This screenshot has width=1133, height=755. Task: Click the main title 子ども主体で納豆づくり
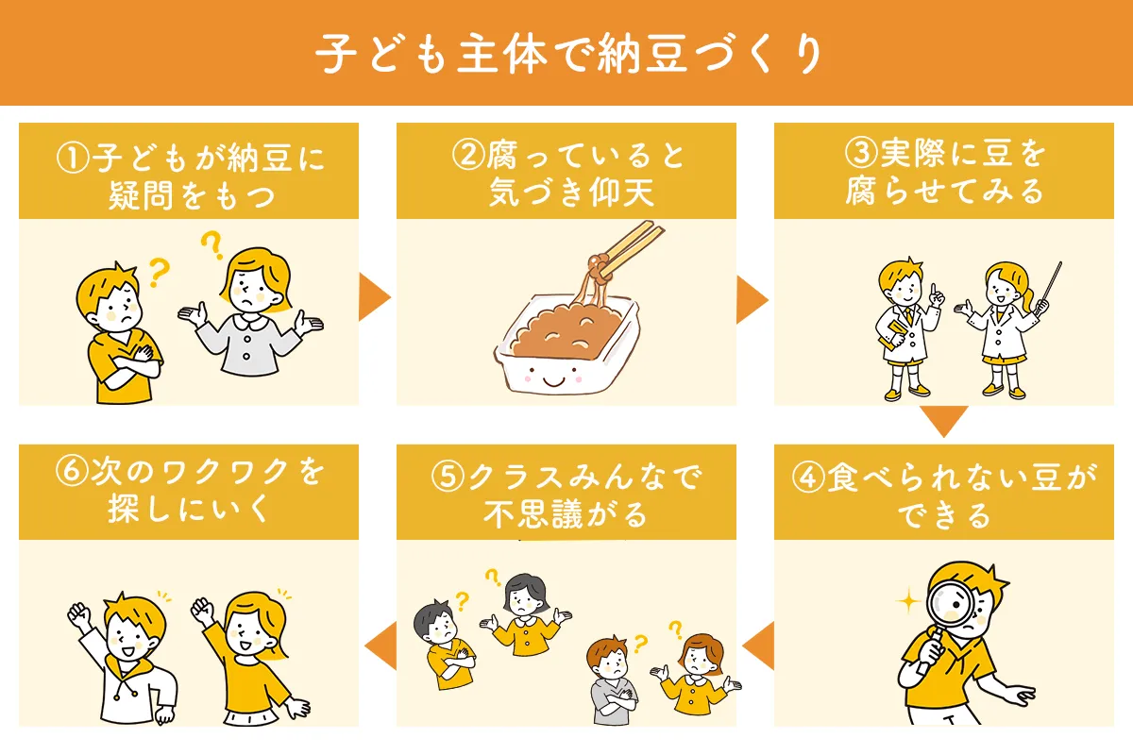click(x=566, y=54)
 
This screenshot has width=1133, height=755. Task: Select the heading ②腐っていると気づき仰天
click(x=566, y=173)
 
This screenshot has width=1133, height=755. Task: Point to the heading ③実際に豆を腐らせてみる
click(x=944, y=173)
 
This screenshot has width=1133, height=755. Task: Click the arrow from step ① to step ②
click(x=376, y=300)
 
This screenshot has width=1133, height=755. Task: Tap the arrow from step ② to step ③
click(x=752, y=300)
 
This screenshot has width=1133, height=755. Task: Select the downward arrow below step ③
click(x=944, y=421)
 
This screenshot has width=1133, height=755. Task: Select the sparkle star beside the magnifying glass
click(x=910, y=600)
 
